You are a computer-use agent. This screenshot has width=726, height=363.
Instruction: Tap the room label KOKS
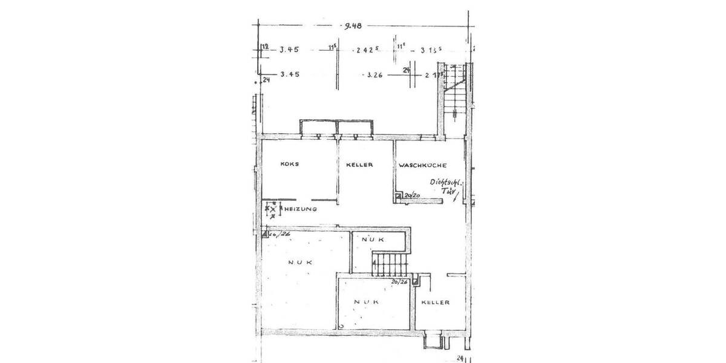[290, 165]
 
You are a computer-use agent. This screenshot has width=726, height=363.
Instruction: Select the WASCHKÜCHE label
[422, 165]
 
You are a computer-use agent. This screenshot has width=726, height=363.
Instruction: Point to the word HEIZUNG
[301, 209]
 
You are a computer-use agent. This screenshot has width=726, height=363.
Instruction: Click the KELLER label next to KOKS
[359, 165]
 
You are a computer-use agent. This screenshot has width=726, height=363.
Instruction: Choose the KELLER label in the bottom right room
[435, 302]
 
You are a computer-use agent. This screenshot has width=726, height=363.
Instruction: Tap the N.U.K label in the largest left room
[299, 263]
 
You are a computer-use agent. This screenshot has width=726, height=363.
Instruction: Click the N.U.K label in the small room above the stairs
[373, 240]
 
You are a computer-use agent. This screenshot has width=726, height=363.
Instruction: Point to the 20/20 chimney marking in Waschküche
[413, 196]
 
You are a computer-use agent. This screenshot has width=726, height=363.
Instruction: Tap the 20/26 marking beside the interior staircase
[399, 281]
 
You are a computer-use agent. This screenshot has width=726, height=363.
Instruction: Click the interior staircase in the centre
[390, 264]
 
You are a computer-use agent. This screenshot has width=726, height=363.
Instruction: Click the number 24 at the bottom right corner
[460, 358]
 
